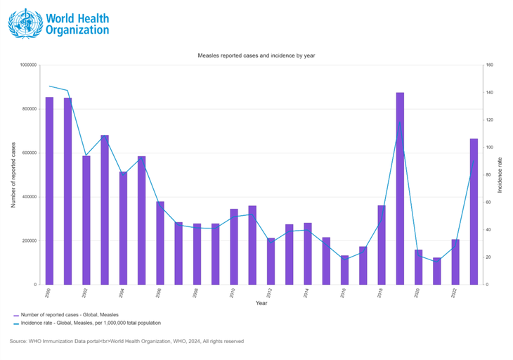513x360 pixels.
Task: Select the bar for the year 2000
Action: (49, 191)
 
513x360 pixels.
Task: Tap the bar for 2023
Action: (474, 212)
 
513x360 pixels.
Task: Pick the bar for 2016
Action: (344, 270)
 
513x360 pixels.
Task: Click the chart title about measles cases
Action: (256, 54)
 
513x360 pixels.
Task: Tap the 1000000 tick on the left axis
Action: (29, 65)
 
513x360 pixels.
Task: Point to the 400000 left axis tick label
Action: (30, 197)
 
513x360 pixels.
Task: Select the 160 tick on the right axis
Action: (489, 65)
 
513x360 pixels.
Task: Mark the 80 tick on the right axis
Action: (488, 175)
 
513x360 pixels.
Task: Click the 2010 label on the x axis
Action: (233, 292)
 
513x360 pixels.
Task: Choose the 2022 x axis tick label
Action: (454, 292)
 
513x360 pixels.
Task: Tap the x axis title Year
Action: (261, 303)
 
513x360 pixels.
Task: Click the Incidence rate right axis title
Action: (500, 175)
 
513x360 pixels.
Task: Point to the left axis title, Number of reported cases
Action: (13, 175)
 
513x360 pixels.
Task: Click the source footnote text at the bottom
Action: (126, 341)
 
